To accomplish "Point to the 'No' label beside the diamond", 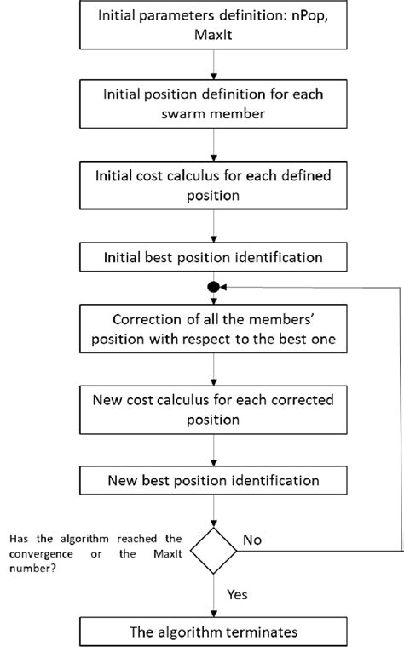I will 253,539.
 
